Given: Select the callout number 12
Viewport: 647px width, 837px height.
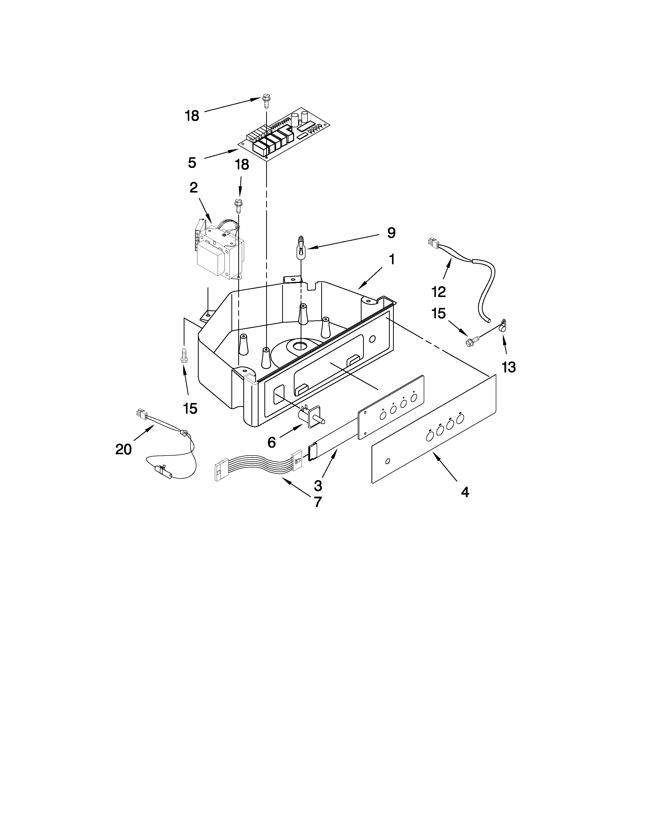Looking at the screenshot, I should point(438,292).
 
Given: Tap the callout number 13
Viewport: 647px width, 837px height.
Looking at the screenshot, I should point(509,368).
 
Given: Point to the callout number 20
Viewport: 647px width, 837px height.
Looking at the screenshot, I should point(123,449).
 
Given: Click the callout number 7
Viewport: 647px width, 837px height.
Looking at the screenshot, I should point(317,502).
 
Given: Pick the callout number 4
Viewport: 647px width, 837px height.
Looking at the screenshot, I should point(465,492).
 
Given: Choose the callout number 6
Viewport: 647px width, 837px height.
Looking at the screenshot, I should point(271,443).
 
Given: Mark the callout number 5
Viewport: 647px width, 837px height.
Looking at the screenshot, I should point(192,163).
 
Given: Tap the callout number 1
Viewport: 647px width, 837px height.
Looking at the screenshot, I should point(391,259).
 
